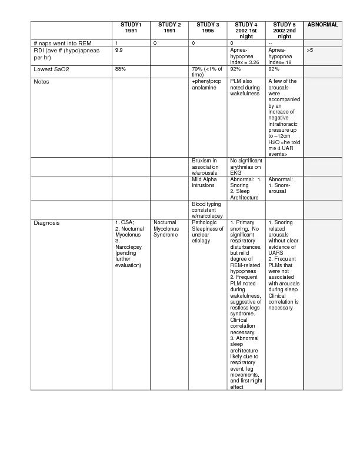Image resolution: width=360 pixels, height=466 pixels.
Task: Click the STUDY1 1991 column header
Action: (131, 28)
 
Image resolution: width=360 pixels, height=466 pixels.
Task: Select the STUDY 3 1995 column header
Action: (208, 28)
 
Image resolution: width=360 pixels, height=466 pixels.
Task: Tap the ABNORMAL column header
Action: (322, 25)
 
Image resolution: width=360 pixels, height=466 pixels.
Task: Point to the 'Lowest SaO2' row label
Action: (52, 69)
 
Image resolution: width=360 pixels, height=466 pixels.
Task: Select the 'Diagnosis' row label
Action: (46, 223)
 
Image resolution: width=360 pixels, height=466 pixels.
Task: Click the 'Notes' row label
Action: (41, 82)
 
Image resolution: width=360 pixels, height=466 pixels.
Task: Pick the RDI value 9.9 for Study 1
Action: (119, 51)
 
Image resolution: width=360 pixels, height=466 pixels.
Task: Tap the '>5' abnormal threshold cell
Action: (310, 51)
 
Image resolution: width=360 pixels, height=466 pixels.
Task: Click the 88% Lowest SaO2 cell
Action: (121, 69)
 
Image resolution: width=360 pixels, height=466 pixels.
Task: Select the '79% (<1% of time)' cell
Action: (207, 72)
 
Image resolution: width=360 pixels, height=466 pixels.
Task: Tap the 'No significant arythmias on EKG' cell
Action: (245, 167)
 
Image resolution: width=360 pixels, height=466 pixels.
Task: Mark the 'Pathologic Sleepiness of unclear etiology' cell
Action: (207, 232)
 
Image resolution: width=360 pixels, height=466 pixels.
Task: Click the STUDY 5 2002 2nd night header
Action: (284, 31)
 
